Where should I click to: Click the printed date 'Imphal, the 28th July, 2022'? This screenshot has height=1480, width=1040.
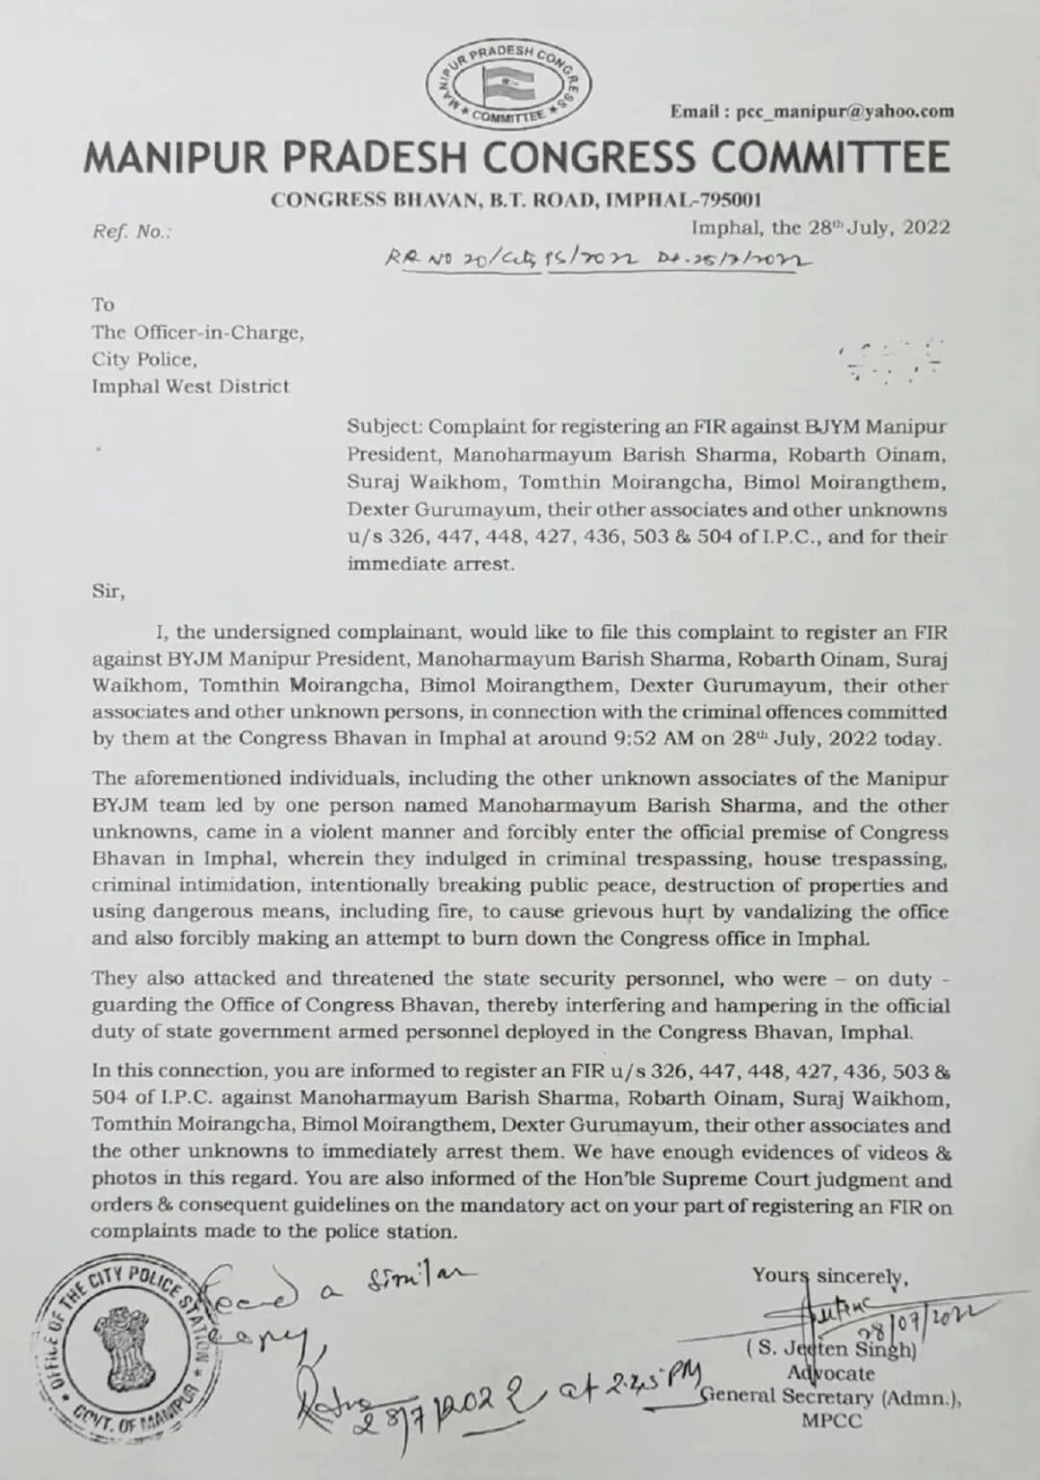[x=820, y=227]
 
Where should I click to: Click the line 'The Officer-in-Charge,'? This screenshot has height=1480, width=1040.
[x=197, y=333]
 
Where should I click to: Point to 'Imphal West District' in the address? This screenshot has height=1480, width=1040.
[x=190, y=386]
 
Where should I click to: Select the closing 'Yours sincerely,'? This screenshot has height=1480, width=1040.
[x=829, y=1276]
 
